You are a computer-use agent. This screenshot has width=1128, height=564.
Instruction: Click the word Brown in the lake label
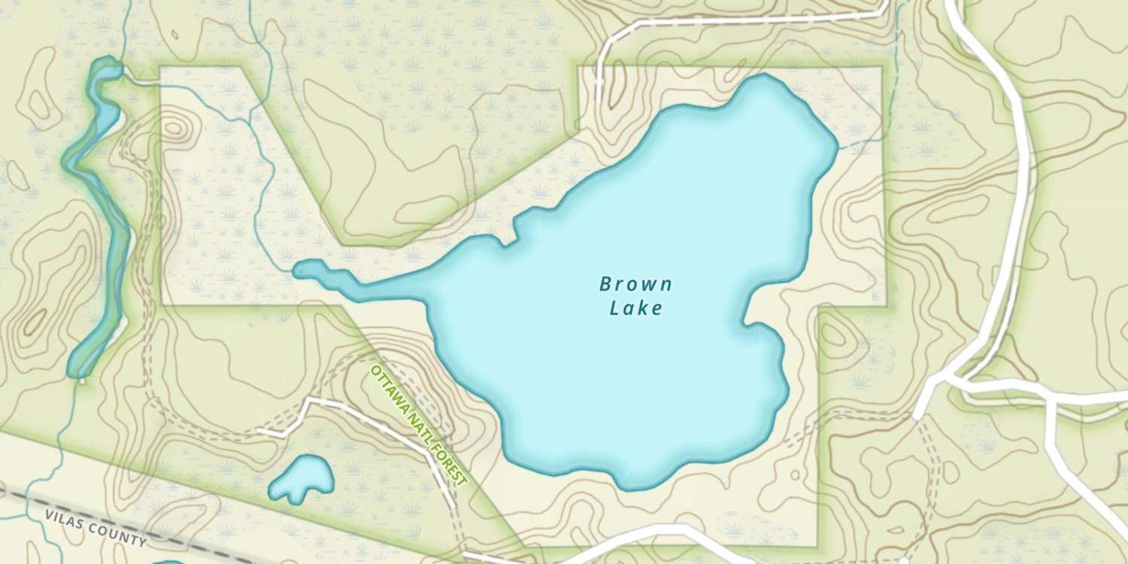tap(635, 284)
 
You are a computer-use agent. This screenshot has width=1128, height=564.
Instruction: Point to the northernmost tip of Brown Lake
tap(765, 77)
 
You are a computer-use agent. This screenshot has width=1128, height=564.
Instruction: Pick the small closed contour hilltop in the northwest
tap(174, 127)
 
